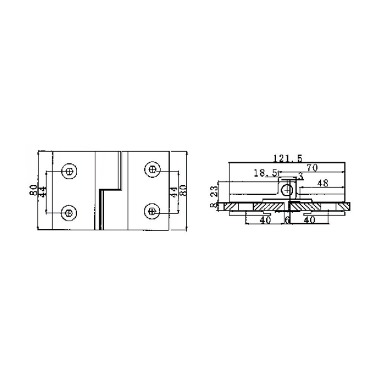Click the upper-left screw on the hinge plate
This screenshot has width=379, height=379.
69,171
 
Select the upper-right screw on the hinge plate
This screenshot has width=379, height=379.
153,169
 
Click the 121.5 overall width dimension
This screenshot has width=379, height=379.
287,158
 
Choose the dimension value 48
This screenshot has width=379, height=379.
323,182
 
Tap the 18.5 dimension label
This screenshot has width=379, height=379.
265,174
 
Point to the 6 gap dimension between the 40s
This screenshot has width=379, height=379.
288,220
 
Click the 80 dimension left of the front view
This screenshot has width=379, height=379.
34,190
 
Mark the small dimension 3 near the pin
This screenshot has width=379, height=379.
299,177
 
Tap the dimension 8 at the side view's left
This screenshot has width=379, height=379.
215,205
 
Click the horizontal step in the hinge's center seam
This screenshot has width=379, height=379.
110,189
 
